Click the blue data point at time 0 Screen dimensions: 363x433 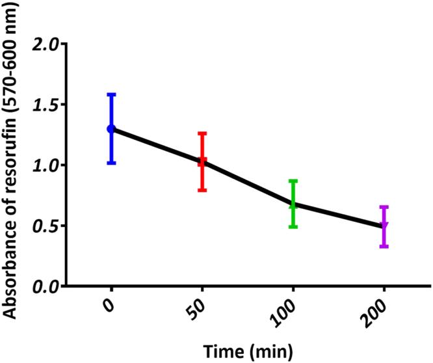[111, 129]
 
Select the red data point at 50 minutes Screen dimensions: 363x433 [202, 162]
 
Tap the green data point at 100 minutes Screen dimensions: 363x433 [293, 204]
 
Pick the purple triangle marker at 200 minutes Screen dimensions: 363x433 [384, 226]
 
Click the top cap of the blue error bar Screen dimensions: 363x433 [111, 94]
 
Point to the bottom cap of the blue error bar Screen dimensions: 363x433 [111, 163]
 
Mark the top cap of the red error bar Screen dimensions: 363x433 [202, 133]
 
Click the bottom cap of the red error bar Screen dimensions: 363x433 [202, 190]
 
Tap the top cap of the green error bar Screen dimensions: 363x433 [293, 181]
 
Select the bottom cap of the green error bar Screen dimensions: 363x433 [293, 226]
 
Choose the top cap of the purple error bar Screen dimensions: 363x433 [384, 207]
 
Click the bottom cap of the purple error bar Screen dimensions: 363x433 [384, 247]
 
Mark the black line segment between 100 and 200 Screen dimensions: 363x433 [339, 215]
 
